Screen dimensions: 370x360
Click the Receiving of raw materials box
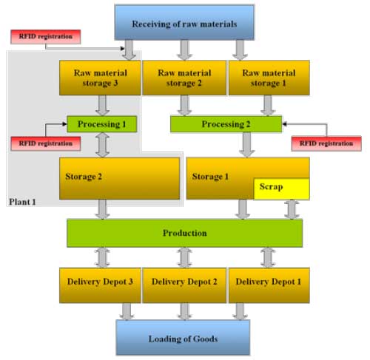pyautogui.click(x=184, y=22)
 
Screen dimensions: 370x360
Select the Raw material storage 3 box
pyautogui.click(x=100, y=78)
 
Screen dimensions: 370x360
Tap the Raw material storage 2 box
pyautogui.click(x=184, y=78)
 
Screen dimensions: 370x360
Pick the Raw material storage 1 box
pyautogui.click(x=269, y=78)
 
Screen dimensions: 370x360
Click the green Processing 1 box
pyautogui.click(x=102, y=124)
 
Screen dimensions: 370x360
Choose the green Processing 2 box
pyautogui.click(x=226, y=124)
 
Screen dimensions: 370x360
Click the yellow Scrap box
pyautogui.click(x=282, y=189)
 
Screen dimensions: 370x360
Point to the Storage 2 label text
pyautogui.click(x=84, y=177)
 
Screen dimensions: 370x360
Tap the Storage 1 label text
pyautogui.click(x=210, y=177)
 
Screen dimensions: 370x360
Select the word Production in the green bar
pyautogui.click(x=185, y=233)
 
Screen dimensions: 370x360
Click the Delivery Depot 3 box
pyautogui.click(x=100, y=285)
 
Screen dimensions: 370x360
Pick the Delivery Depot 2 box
pyautogui.click(x=184, y=285)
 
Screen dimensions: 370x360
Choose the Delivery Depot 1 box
pyautogui.click(x=269, y=285)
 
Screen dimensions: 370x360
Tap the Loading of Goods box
pyautogui.click(x=183, y=338)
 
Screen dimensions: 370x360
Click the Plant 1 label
pyautogui.click(x=22, y=202)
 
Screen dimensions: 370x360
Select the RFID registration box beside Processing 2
pyautogui.click(x=326, y=143)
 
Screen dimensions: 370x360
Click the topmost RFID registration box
pyautogui.click(x=46, y=37)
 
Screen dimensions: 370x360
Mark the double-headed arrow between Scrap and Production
pyautogui.click(x=292, y=210)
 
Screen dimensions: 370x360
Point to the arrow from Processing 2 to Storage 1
pyautogui.click(x=246, y=145)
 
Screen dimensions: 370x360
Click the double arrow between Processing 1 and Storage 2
pyautogui.click(x=102, y=145)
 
